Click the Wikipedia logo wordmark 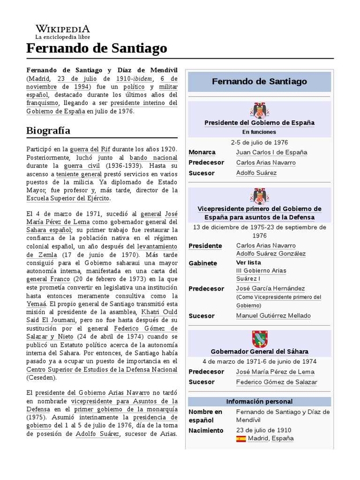coord(62,28)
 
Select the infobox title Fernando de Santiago coord(259,82)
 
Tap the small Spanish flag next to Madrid coord(241,439)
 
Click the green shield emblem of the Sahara coord(259,339)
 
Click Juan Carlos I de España coord(272,152)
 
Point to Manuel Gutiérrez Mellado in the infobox coord(273,316)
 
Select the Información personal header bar coord(259,402)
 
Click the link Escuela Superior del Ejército coord(68,198)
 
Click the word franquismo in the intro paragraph coord(42,103)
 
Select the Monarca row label coord(202,152)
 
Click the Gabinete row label coord(202,263)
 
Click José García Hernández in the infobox coord(270,289)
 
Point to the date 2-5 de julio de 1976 coord(259,142)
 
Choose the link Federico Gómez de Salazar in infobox coord(277,382)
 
